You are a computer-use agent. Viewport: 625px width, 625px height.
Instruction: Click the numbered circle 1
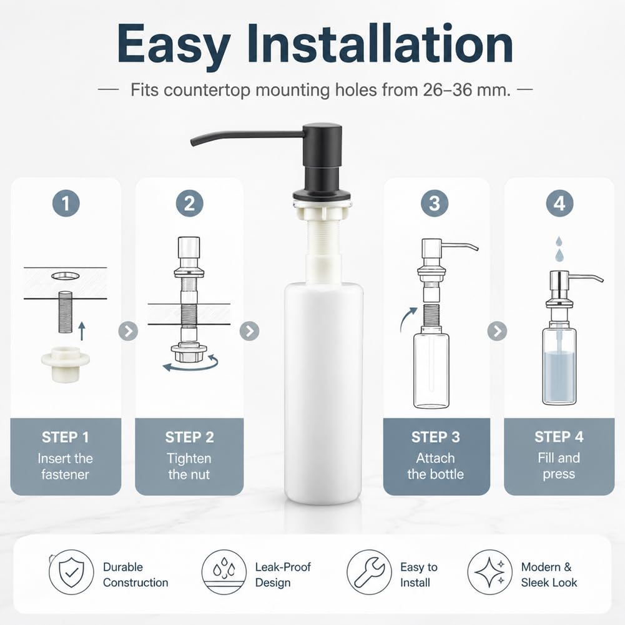click(x=66, y=204)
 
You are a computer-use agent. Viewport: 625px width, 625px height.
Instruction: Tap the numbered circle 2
click(x=189, y=204)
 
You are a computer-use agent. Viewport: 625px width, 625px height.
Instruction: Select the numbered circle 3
click(x=435, y=204)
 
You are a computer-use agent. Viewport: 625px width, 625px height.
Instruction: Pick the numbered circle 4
click(x=559, y=204)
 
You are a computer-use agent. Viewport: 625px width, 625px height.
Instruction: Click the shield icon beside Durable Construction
click(x=71, y=572)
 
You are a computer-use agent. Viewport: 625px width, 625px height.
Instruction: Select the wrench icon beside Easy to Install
click(x=369, y=572)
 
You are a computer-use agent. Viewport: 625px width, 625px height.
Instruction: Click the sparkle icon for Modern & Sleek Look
click(x=490, y=572)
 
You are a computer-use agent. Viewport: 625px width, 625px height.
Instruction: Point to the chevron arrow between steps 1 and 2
click(x=129, y=331)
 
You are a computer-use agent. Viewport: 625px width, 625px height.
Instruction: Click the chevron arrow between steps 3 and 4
click(x=497, y=331)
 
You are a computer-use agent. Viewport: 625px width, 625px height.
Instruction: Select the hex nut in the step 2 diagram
click(x=189, y=352)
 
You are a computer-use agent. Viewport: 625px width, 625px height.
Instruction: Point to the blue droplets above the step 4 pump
click(x=559, y=249)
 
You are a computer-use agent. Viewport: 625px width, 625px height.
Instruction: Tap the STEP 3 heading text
click(x=435, y=437)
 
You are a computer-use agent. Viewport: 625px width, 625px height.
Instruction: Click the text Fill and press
click(x=559, y=466)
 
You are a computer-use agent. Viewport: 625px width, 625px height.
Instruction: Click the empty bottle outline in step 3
click(x=431, y=369)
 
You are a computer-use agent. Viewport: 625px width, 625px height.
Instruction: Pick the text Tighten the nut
click(x=189, y=466)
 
